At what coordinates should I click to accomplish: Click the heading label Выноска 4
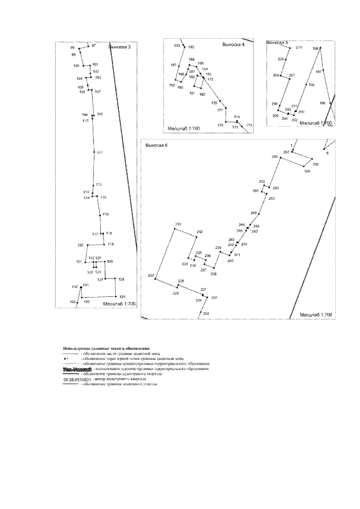[233, 44]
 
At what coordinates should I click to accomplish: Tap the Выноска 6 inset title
[157, 145]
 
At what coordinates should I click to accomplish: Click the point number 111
[99, 153]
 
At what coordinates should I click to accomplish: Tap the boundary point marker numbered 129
[116, 296]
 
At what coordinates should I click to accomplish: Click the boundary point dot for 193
[182, 47]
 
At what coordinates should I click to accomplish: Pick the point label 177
[220, 110]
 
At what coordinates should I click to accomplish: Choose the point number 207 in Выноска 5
[291, 75]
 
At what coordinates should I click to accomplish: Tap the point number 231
[178, 225]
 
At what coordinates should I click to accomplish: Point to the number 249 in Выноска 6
[253, 213]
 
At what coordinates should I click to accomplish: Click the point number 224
[206, 313]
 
